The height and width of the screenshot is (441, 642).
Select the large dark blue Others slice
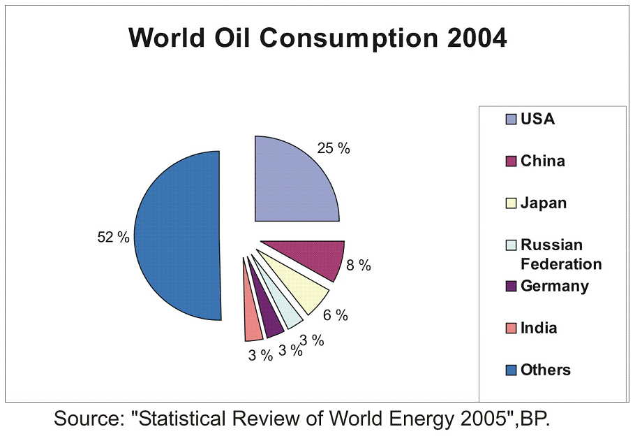178,238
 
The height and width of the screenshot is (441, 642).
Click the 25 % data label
334,149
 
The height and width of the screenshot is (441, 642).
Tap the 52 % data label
113,238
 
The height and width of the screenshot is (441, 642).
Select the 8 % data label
359,266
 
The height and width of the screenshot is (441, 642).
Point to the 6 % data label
335,315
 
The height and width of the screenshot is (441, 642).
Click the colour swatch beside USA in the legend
511,120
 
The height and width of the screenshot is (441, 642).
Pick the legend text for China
542,161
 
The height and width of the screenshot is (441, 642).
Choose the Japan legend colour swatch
511,204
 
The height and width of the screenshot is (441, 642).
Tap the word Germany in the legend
554,287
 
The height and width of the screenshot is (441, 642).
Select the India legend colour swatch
511,328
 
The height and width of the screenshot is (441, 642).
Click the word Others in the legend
545,370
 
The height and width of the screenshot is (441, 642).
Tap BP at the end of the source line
537,419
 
